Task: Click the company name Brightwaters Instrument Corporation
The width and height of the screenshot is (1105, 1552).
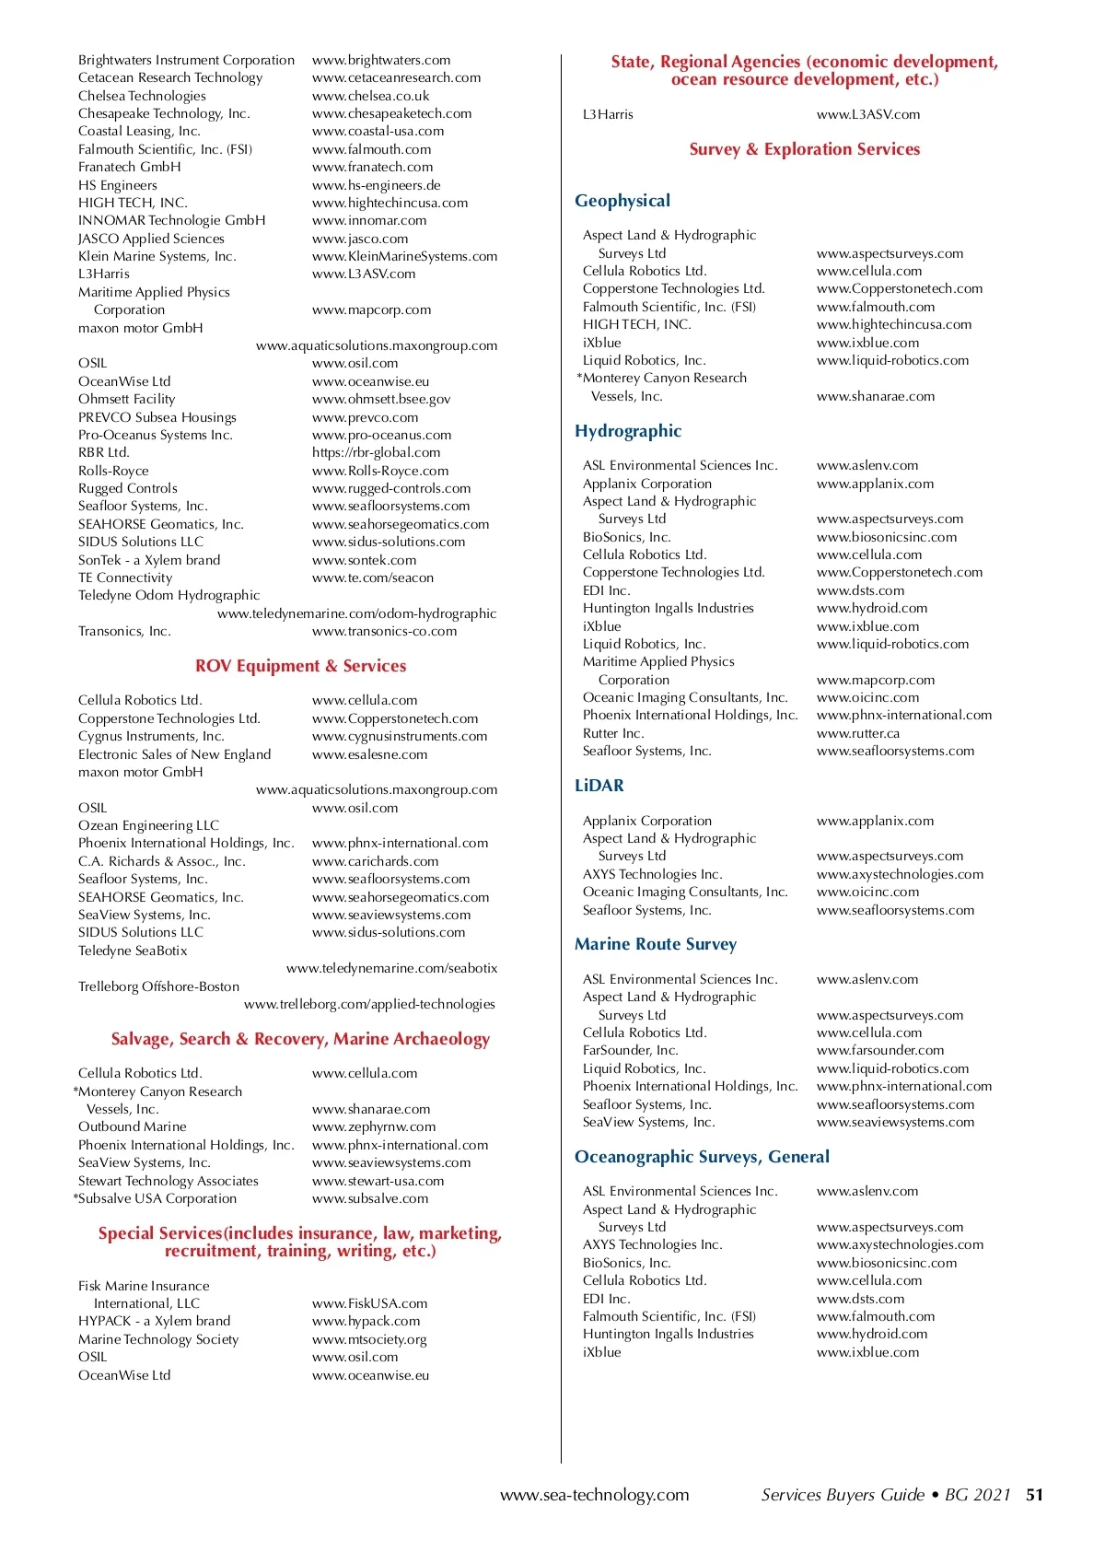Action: pyautogui.click(x=186, y=60)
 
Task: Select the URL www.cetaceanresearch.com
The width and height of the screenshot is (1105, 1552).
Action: pyautogui.click(x=396, y=77)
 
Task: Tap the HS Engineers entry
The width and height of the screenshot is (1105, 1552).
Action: pyautogui.click(x=118, y=185)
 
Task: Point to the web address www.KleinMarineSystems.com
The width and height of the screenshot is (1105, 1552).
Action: pyautogui.click(x=404, y=256)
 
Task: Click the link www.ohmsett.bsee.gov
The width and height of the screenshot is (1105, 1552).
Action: pyautogui.click(x=381, y=399)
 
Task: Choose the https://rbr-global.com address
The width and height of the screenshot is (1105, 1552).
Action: pyautogui.click(x=376, y=452)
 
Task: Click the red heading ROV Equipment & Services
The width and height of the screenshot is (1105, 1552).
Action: pyautogui.click(x=300, y=666)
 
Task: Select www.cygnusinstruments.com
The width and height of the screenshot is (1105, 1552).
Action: pyautogui.click(x=400, y=736)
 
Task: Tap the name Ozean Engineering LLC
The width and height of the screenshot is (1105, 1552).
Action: pyautogui.click(x=148, y=825)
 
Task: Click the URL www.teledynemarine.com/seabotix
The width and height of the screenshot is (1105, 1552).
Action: pyautogui.click(x=391, y=968)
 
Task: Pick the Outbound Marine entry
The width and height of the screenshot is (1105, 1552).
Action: pyautogui.click(x=133, y=1126)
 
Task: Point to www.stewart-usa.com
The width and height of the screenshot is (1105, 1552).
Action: pyautogui.click(x=378, y=1181)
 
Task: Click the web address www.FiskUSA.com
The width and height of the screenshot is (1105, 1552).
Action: pyautogui.click(x=369, y=1303)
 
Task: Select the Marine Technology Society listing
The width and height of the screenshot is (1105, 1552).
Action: pyautogui.click(x=158, y=1339)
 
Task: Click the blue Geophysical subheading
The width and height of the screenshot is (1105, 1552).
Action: pyautogui.click(x=622, y=201)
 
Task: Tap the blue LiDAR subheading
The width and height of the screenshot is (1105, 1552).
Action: pyautogui.click(x=599, y=786)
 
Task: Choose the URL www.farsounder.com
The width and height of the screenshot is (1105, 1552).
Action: pyautogui.click(x=879, y=1050)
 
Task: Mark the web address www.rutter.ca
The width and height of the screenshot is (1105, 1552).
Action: pyautogui.click(x=857, y=733)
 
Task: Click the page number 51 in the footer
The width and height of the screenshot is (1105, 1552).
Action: pyautogui.click(x=1035, y=1495)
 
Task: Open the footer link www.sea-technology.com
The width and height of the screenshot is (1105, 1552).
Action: pyautogui.click(x=594, y=1495)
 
